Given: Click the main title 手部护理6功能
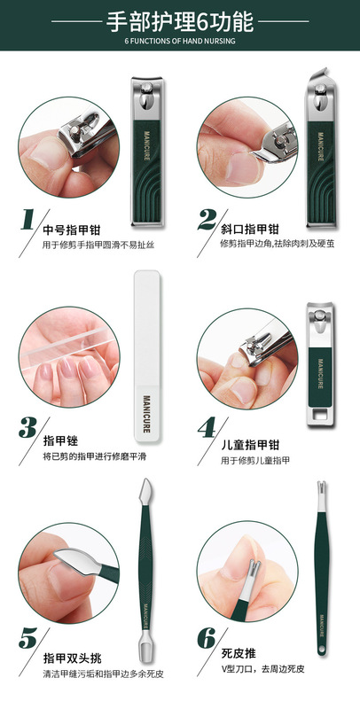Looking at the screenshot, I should pos(179,21).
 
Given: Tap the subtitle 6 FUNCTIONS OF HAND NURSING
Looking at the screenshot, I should pos(179,41).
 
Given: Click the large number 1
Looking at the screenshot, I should pos(27,220).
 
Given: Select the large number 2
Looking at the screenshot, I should pos(207,220).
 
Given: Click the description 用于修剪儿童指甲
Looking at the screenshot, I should pos(255,460).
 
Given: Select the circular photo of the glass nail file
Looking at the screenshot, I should pos(66,353).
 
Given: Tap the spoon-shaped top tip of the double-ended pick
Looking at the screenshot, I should pos(143,490).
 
